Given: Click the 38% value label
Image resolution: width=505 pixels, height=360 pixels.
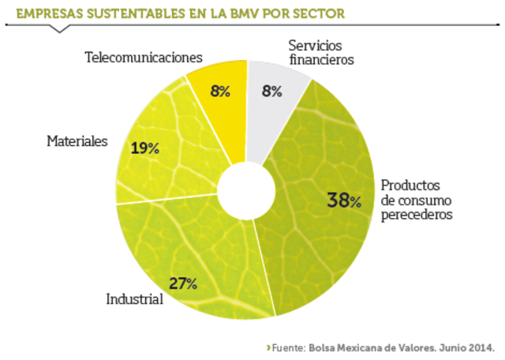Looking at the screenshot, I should [x=344, y=201].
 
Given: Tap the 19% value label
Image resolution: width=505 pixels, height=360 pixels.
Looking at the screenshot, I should [x=144, y=148].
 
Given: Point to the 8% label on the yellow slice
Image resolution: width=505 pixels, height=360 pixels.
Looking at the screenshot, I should [x=220, y=91].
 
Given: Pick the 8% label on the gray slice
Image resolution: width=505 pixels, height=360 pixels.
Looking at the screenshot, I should [x=272, y=91].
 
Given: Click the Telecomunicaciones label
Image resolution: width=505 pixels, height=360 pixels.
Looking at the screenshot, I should [x=144, y=58].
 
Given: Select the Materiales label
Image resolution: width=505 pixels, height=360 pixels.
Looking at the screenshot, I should [x=77, y=141].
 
